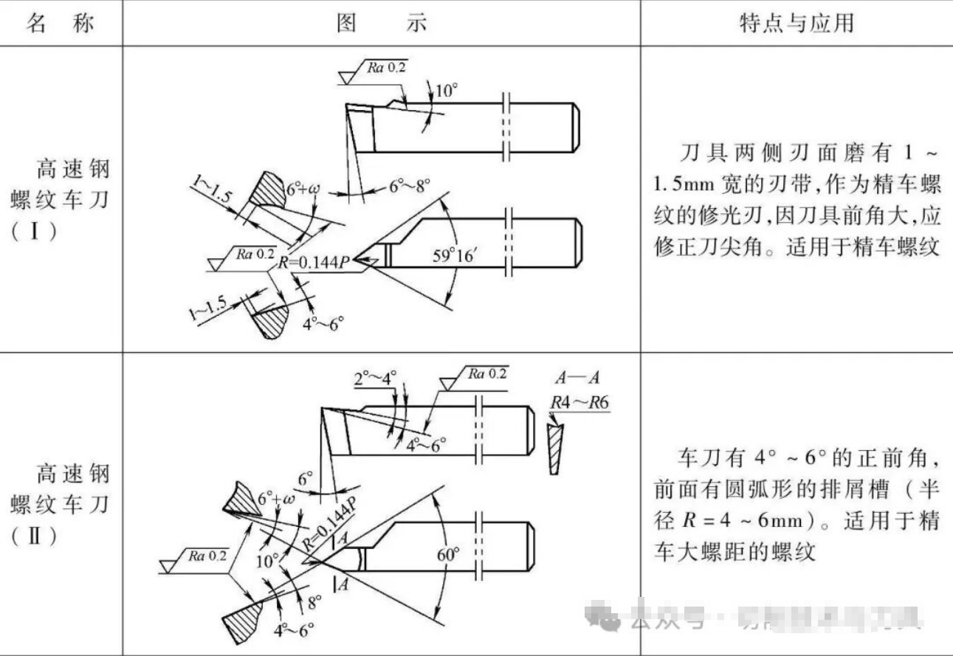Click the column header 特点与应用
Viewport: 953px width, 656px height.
(x=796, y=23)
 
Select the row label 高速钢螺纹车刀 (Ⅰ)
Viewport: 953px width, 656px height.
(x=61, y=199)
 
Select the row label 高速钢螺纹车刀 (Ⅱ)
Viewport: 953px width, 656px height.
(x=61, y=504)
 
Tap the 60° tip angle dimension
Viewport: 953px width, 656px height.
(x=450, y=553)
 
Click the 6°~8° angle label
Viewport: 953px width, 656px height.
(x=410, y=187)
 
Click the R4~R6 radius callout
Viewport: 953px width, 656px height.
(x=579, y=402)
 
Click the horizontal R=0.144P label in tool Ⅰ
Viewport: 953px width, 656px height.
(x=313, y=260)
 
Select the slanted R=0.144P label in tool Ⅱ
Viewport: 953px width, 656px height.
(x=330, y=523)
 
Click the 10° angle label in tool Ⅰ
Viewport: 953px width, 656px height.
(x=446, y=92)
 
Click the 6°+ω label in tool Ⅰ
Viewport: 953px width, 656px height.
(x=301, y=190)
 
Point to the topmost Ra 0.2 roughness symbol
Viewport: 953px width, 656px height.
(x=381, y=69)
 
